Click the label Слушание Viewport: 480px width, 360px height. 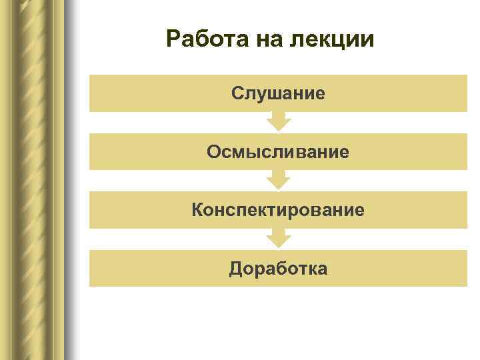278,93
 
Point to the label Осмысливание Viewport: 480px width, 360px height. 278,152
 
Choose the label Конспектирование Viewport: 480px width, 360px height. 278,210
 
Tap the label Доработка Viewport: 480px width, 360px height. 278,269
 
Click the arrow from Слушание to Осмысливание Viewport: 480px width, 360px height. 278,121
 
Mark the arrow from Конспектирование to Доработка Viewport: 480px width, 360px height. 278,238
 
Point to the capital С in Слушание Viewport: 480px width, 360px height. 238,93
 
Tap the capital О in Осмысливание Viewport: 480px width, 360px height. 214,152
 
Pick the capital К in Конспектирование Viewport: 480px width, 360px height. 198,210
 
